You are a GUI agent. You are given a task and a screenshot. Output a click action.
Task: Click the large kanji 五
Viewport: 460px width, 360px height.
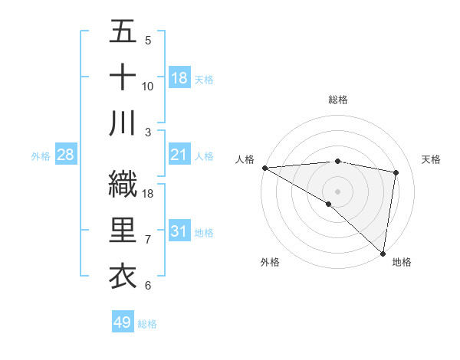click(x=123, y=32)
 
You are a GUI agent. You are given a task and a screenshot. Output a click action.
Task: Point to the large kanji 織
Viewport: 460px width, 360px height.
click(x=123, y=183)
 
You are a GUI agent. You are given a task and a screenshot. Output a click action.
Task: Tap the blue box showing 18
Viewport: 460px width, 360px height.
click(x=179, y=78)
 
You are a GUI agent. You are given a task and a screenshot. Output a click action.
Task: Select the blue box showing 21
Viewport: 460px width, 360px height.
click(x=179, y=155)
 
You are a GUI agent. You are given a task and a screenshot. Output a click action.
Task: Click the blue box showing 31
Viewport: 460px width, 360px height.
click(x=179, y=231)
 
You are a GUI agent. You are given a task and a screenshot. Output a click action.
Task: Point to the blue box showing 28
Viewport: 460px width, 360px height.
click(x=66, y=155)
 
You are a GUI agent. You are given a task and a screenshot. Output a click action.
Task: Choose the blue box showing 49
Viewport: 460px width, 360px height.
click(x=122, y=322)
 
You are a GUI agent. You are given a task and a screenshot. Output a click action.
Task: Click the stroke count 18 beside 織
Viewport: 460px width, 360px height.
click(x=149, y=194)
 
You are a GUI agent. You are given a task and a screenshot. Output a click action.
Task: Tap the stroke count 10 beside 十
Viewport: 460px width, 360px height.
click(x=148, y=87)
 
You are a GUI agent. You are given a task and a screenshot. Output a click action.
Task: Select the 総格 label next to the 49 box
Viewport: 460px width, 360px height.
click(x=148, y=324)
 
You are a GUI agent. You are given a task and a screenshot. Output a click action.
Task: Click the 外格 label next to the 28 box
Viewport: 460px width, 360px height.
click(x=41, y=156)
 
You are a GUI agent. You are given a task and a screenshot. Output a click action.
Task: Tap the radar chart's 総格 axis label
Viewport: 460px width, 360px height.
click(x=337, y=100)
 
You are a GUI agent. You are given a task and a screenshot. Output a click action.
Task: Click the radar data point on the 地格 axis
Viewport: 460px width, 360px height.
click(x=383, y=253)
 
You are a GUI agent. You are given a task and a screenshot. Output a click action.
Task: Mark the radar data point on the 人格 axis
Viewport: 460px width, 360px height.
click(x=264, y=168)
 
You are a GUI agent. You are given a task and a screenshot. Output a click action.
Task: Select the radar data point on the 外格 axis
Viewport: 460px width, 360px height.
click(x=329, y=204)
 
